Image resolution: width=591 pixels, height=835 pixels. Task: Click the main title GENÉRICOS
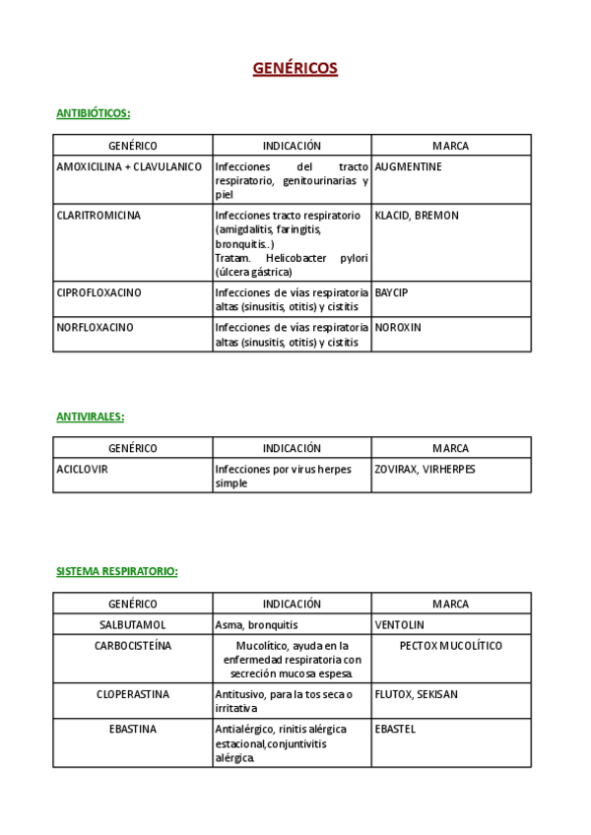(x=295, y=68)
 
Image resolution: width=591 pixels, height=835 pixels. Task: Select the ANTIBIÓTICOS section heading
(x=94, y=113)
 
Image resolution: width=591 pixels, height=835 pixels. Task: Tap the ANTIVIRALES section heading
(x=91, y=417)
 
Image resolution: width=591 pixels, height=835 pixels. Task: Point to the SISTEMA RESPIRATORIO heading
(x=117, y=571)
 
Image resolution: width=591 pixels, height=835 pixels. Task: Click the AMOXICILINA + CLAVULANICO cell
(x=129, y=167)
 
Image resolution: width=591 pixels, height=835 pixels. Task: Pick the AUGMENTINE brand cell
(x=409, y=167)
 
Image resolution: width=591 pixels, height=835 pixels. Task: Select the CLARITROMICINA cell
(x=98, y=216)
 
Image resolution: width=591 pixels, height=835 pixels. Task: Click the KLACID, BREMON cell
(x=417, y=216)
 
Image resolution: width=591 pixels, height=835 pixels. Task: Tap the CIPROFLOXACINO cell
(x=98, y=292)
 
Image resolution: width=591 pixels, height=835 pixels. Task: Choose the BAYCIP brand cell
(x=392, y=292)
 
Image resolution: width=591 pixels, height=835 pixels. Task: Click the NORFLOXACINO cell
(x=96, y=327)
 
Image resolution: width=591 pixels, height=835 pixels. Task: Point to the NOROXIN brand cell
(x=398, y=327)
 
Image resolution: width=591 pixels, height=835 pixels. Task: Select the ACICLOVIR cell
(x=83, y=470)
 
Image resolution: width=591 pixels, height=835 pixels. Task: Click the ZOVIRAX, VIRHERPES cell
(x=425, y=470)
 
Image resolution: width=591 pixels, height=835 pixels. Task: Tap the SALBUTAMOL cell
(x=133, y=625)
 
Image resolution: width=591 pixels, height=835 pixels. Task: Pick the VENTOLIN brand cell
(x=400, y=625)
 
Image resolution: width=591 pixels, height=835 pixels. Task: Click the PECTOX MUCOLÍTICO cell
(x=451, y=646)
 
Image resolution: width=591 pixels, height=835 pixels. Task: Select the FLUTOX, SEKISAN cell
(x=416, y=694)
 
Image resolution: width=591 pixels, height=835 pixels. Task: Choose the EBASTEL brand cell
(x=396, y=730)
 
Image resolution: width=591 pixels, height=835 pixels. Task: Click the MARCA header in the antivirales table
(x=450, y=448)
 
